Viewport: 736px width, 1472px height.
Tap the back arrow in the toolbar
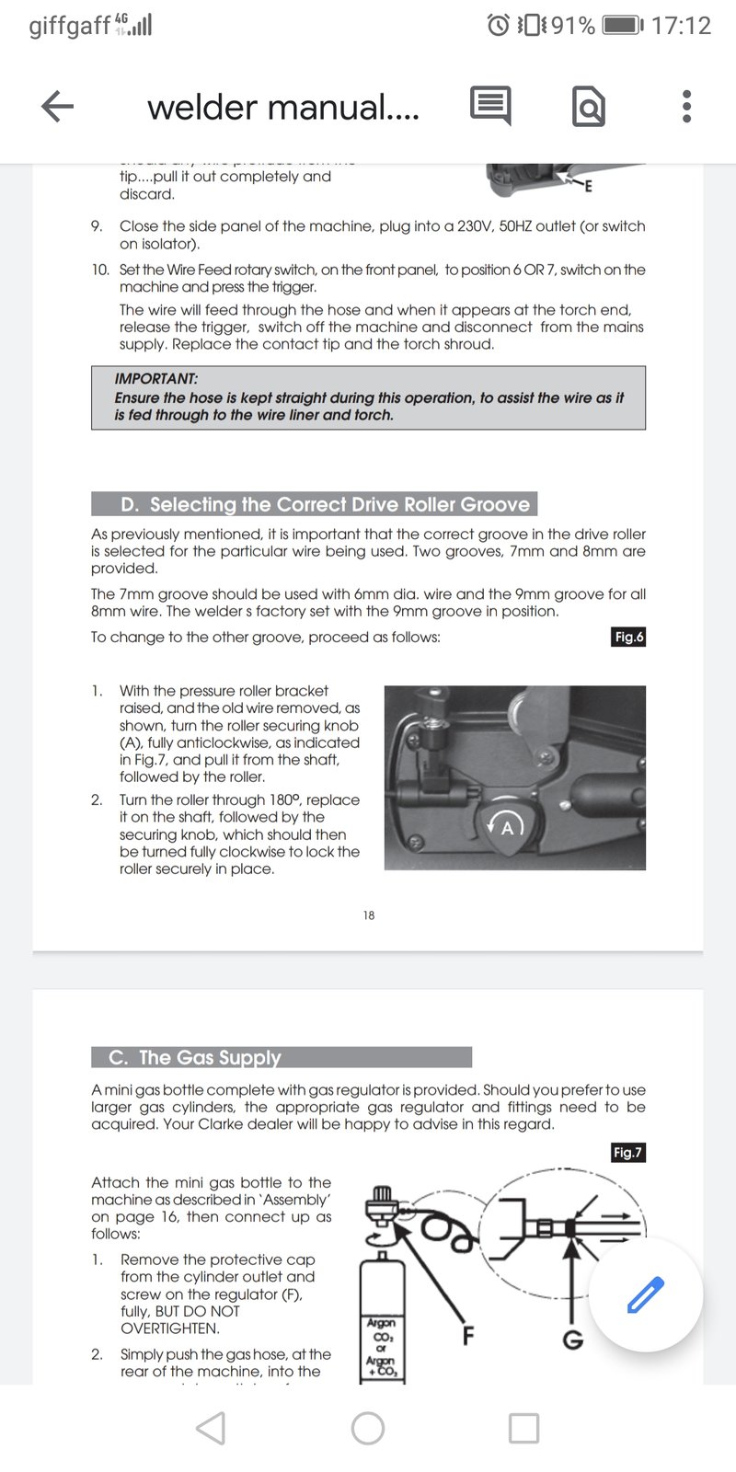57,107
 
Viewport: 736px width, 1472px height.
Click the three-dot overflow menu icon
685,107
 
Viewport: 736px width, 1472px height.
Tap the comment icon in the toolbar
490,107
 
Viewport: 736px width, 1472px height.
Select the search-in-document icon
588,108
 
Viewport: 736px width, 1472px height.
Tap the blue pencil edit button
645,1294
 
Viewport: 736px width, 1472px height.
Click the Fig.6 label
629,637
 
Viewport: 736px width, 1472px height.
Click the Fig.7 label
627,1152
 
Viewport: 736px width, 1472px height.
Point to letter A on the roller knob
506,828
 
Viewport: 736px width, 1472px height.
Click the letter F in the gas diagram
467,1335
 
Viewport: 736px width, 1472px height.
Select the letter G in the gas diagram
572,1340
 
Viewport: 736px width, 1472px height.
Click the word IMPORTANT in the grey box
155,379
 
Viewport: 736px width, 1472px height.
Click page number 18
368,915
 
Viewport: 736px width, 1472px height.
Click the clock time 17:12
681,26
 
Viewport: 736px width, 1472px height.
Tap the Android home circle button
368,1428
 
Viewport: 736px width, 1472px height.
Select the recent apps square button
523,1428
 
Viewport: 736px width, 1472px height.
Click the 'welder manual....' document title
282,108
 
